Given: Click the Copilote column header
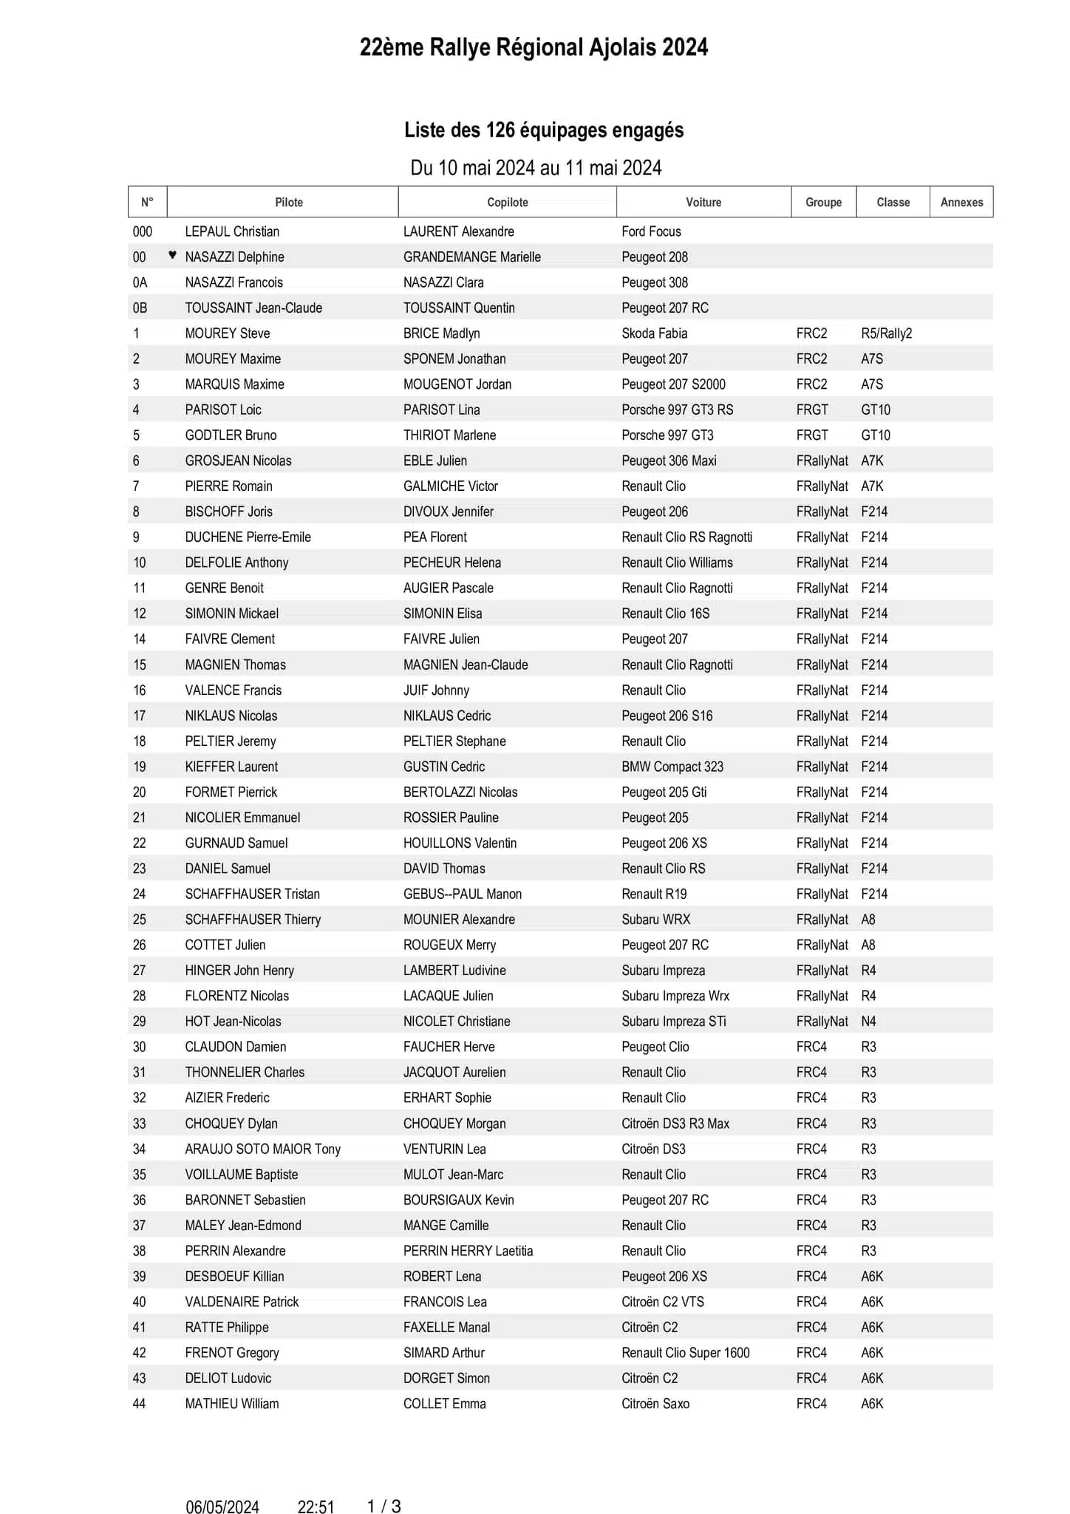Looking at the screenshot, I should (x=507, y=202).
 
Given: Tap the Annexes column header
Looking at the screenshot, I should (x=961, y=202).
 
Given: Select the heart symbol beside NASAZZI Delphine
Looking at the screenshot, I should (x=172, y=255).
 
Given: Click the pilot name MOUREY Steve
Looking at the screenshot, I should (x=227, y=333).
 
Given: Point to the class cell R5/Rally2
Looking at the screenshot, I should (x=886, y=333).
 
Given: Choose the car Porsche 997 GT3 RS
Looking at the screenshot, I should (x=677, y=410).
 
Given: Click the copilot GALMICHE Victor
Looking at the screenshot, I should (x=450, y=486).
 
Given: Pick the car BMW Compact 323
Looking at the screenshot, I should (x=672, y=767).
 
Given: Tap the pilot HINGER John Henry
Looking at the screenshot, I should (x=239, y=971).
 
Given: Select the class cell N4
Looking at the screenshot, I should (x=868, y=1022).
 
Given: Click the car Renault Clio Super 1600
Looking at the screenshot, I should (x=685, y=1353).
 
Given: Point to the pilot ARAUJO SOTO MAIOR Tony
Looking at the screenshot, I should (x=262, y=1149).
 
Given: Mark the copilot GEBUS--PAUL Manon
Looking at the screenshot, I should (x=462, y=894).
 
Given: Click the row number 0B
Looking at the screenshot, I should (x=140, y=308).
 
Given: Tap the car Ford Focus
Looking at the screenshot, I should (x=651, y=231).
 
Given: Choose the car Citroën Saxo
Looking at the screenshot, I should (x=655, y=1404).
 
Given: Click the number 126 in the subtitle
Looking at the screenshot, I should (x=500, y=130).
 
